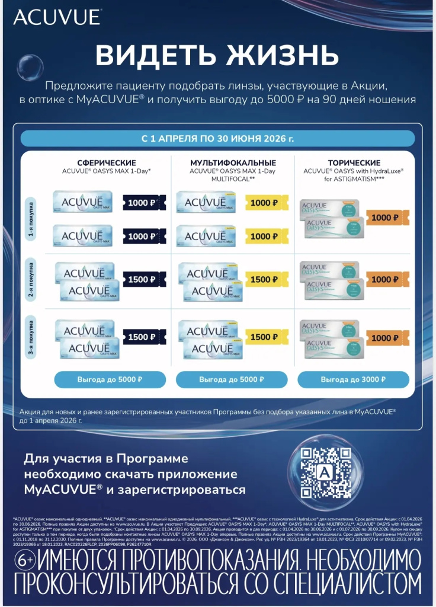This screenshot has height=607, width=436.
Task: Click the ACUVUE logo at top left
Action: point(57,17)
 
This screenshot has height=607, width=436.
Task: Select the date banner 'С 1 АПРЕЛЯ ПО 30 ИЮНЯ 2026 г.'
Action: point(217,139)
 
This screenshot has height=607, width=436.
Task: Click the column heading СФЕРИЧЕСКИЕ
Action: point(107,163)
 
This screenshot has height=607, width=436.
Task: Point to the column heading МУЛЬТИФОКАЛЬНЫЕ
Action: point(233,163)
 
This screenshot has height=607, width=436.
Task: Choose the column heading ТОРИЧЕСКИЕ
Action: point(354,163)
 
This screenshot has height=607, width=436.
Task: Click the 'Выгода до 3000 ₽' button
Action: point(353,379)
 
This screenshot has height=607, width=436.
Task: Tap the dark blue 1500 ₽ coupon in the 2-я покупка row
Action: point(144,279)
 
